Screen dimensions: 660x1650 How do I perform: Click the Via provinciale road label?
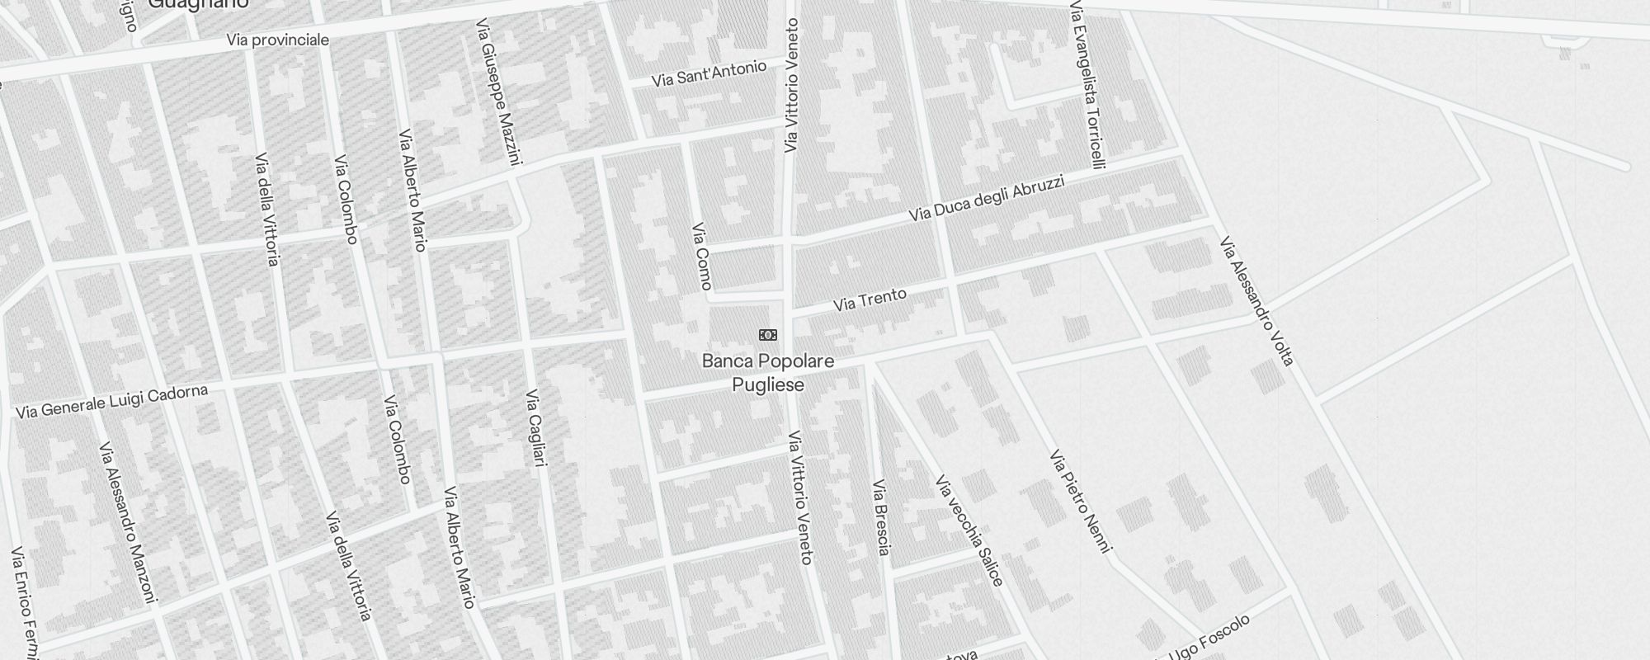click(x=277, y=40)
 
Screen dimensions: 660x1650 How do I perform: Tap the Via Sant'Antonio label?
click(x=709, y=74)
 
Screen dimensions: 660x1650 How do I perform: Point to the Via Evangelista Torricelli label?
click(x=1087, y=85)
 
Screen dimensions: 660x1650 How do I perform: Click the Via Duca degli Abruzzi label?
click(x=987, y=198)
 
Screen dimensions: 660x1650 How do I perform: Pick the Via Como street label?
click(x=701, y=257)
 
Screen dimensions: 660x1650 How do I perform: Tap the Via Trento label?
click(x=870, y=299)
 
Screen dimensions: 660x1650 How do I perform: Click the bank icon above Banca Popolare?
click(x=767, y=335)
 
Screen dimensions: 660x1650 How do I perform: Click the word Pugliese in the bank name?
click(x=768, y=384)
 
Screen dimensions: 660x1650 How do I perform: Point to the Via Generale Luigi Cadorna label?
click(x=111, y=401)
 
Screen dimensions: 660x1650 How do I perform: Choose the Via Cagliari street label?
click(x=536, y=428)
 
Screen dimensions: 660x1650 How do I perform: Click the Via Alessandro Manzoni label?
click(x=127, y=522)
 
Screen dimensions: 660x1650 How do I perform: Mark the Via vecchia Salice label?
click(x=969, y=530)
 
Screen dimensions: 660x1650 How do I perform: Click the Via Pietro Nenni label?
click(x=1081, y=501)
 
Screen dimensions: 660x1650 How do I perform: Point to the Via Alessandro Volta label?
click(x=1256, y=301)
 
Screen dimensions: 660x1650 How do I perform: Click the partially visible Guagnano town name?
click(x=198, y=4)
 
